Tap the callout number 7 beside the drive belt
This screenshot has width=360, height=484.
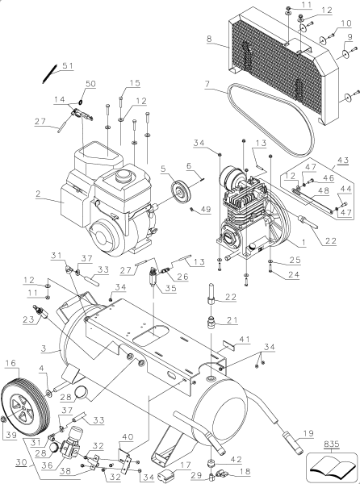(x=208, y=84)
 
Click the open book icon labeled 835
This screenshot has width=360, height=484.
(x=333, y=465)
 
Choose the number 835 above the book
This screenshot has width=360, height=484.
(x=333, y=444)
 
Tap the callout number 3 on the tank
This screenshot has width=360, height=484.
(x=53, y=350)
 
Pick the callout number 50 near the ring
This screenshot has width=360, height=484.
(x=90, y=85)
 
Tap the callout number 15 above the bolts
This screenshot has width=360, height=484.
(x=135, y=83)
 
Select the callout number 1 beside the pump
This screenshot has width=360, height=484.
(x=302, y=242)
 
